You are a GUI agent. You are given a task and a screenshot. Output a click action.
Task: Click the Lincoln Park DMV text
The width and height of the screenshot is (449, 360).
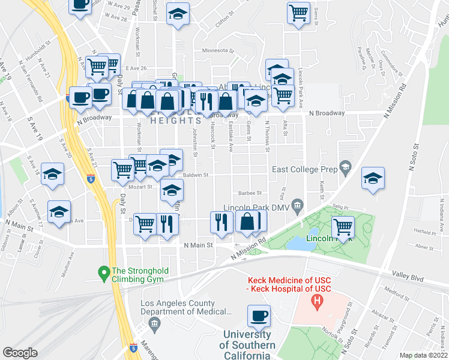(x=256, y=208)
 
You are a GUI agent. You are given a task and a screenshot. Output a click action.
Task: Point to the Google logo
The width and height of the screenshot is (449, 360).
(x=20, y=352)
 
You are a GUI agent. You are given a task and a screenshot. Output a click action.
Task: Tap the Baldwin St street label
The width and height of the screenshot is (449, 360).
(x=196, y=175)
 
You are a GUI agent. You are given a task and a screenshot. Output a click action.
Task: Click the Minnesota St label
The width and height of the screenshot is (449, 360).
(x=218, y=51)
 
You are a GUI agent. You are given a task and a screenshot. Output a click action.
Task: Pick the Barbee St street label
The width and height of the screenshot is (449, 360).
(x=250, y=193)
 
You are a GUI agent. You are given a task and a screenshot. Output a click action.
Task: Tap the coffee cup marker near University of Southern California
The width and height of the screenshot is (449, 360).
(x=259, y=315)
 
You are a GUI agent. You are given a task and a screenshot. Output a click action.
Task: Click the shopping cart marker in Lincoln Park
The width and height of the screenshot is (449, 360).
(x=343, y=227)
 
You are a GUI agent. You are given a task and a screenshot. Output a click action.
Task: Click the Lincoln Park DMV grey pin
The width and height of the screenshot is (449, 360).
(x=296, y=205)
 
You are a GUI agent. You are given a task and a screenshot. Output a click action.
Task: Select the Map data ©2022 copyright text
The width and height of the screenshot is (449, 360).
(x=423, y=355)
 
